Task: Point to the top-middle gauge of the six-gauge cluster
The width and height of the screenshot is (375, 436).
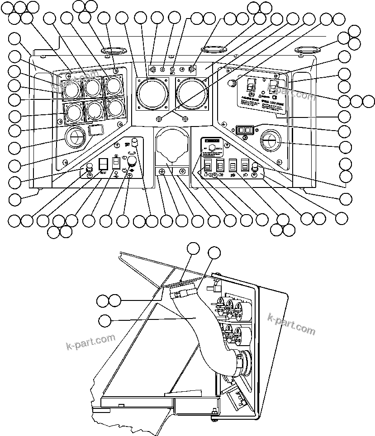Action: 93,87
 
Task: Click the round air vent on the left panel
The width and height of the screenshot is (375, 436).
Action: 75,137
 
